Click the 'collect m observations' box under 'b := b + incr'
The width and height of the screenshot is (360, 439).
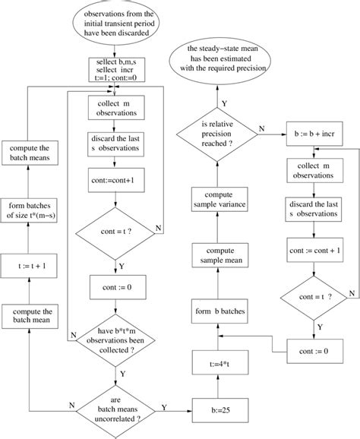click(312, 171)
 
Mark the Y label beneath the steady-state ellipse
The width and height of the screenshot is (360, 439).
click(223, 102)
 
